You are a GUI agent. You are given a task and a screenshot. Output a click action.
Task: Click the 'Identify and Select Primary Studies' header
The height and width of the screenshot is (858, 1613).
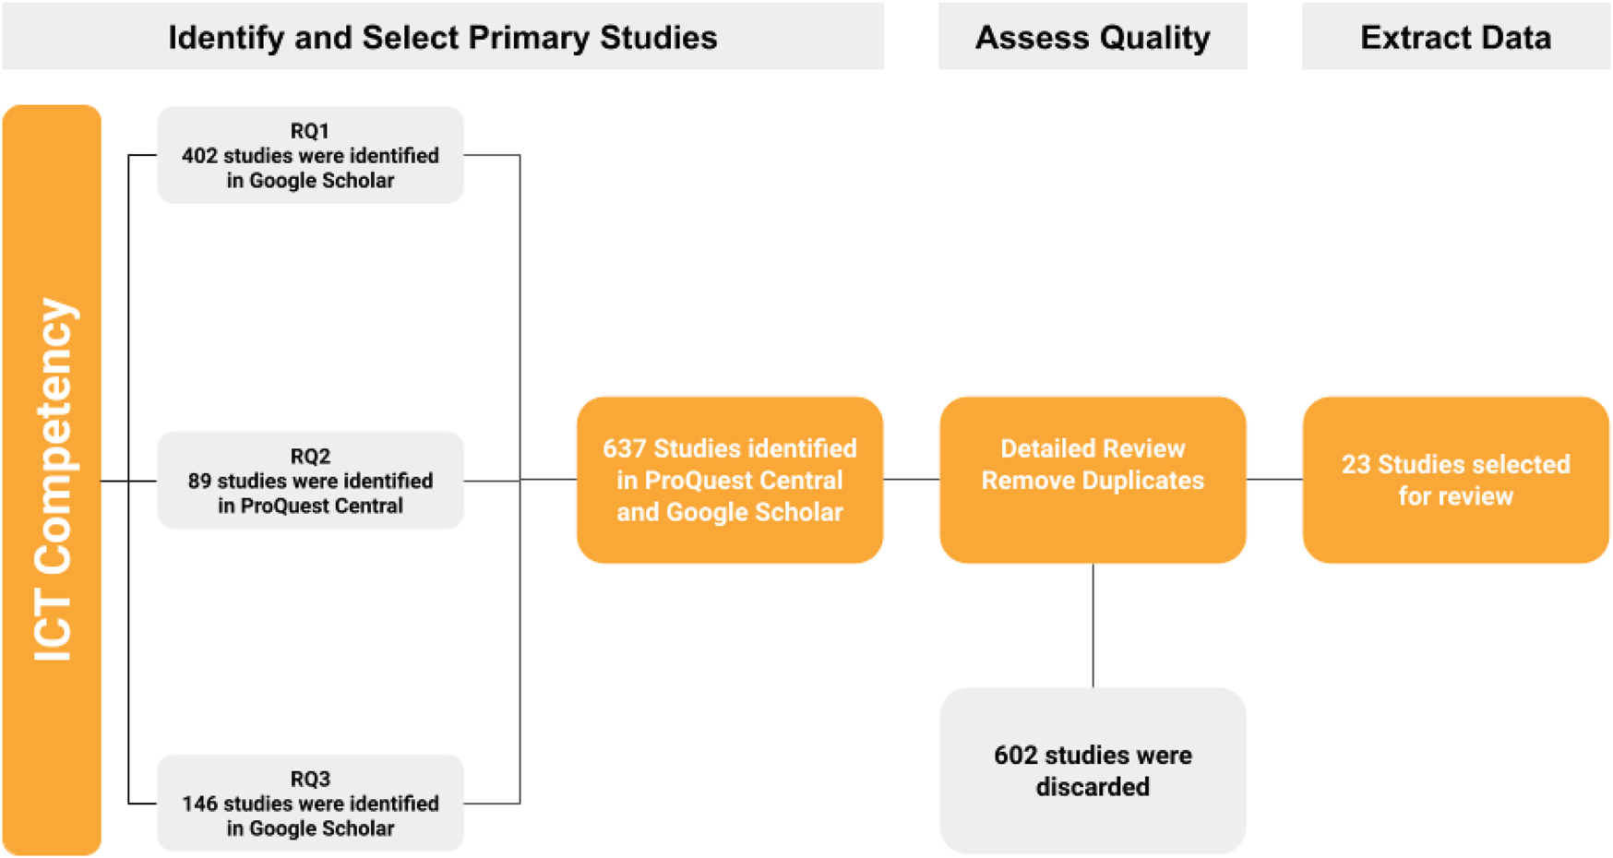pos(442,37)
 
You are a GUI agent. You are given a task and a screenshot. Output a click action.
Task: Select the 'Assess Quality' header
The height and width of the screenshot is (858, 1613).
pos(1092,37)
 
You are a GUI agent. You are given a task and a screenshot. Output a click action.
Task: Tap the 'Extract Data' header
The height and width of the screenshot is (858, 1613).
pos(1455,37)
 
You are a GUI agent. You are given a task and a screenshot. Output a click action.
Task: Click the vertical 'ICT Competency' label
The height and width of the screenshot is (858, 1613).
pos(52,480)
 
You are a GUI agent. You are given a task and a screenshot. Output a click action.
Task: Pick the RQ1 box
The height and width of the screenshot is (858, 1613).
pos(310,155)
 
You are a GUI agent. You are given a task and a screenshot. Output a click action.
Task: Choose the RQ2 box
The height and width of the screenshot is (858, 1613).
pos(310,480)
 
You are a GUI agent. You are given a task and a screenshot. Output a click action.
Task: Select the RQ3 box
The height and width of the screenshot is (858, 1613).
pos(310,803)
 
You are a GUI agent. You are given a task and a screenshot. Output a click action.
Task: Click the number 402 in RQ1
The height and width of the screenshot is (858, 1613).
pos(199,156)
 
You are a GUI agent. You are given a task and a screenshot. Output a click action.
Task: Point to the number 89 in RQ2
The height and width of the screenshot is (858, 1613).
pos(199,481)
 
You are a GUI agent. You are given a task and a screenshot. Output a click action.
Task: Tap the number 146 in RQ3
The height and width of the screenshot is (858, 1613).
pos(199,804)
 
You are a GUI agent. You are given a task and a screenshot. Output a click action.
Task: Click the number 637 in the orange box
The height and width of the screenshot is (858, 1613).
pos(624,448)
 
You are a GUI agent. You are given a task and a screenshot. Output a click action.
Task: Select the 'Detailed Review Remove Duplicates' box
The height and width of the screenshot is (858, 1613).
pos(1093,480)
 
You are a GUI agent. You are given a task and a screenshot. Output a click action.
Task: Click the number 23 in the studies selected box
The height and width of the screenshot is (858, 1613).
pos(1356,464)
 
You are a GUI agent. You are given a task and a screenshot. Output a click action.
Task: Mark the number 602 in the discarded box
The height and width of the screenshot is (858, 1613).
pos(1015,756)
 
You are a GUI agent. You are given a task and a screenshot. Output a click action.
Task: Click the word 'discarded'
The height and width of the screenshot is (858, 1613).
pos(1093,787)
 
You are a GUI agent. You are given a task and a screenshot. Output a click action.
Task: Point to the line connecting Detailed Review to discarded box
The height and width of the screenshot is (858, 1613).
pos(1093,626)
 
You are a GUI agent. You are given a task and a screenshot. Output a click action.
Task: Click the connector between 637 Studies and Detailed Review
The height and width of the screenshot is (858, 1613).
pos(912,480)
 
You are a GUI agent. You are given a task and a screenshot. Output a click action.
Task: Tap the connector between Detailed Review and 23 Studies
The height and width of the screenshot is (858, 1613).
pos(1274,480)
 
